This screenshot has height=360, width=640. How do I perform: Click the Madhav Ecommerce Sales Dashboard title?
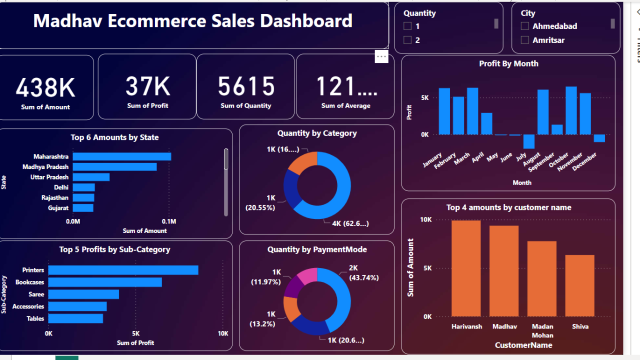[x=193, y=21]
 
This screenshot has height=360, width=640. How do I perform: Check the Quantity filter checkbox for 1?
[x=408, y=26]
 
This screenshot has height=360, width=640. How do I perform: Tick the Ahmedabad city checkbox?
[x=525, y=26]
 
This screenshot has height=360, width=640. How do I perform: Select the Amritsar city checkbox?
[x=525, y=41]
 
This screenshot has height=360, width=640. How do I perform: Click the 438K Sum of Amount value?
[x=46, y=86]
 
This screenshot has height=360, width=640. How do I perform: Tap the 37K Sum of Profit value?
[x=146, y=86]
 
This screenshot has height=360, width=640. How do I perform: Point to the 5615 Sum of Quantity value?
[x=245, y=86]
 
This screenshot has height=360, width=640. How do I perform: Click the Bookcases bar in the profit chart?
[x=105, y=282]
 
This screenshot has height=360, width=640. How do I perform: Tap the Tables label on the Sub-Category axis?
[x=34, y=318]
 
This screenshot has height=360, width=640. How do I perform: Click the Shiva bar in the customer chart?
[x=579, y=284]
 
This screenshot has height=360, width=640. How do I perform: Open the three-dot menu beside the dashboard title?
[x=381, y=57]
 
